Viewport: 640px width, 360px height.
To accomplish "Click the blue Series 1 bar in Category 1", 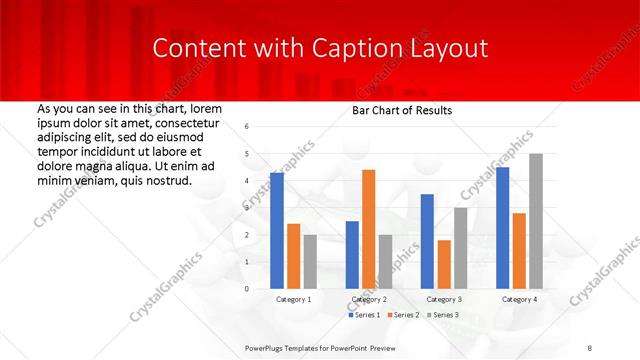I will (x=277, y=231).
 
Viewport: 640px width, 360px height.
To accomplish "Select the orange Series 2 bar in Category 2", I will (x=368, y=229).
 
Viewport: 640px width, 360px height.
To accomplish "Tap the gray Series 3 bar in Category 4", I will (x=536, y=221).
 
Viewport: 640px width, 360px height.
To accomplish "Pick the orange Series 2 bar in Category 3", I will (x=444, y=264).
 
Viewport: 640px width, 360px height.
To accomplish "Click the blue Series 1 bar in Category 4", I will (x=502, y=228).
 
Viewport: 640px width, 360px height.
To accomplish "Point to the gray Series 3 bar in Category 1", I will (x=310, y=261).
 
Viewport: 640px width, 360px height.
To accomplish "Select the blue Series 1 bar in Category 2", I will (x=352, y=255).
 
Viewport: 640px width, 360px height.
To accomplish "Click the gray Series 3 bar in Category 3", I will (x=460, y=248).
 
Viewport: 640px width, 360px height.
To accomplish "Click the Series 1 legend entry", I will (x=364, y=315).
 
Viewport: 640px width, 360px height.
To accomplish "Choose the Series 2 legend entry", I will (x=402, y=315).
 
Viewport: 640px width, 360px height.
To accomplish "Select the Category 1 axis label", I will (x=293, y=299).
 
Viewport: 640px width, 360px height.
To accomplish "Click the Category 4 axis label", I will (x=518, y=299).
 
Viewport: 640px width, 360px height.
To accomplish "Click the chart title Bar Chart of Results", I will (x=401, y=110).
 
